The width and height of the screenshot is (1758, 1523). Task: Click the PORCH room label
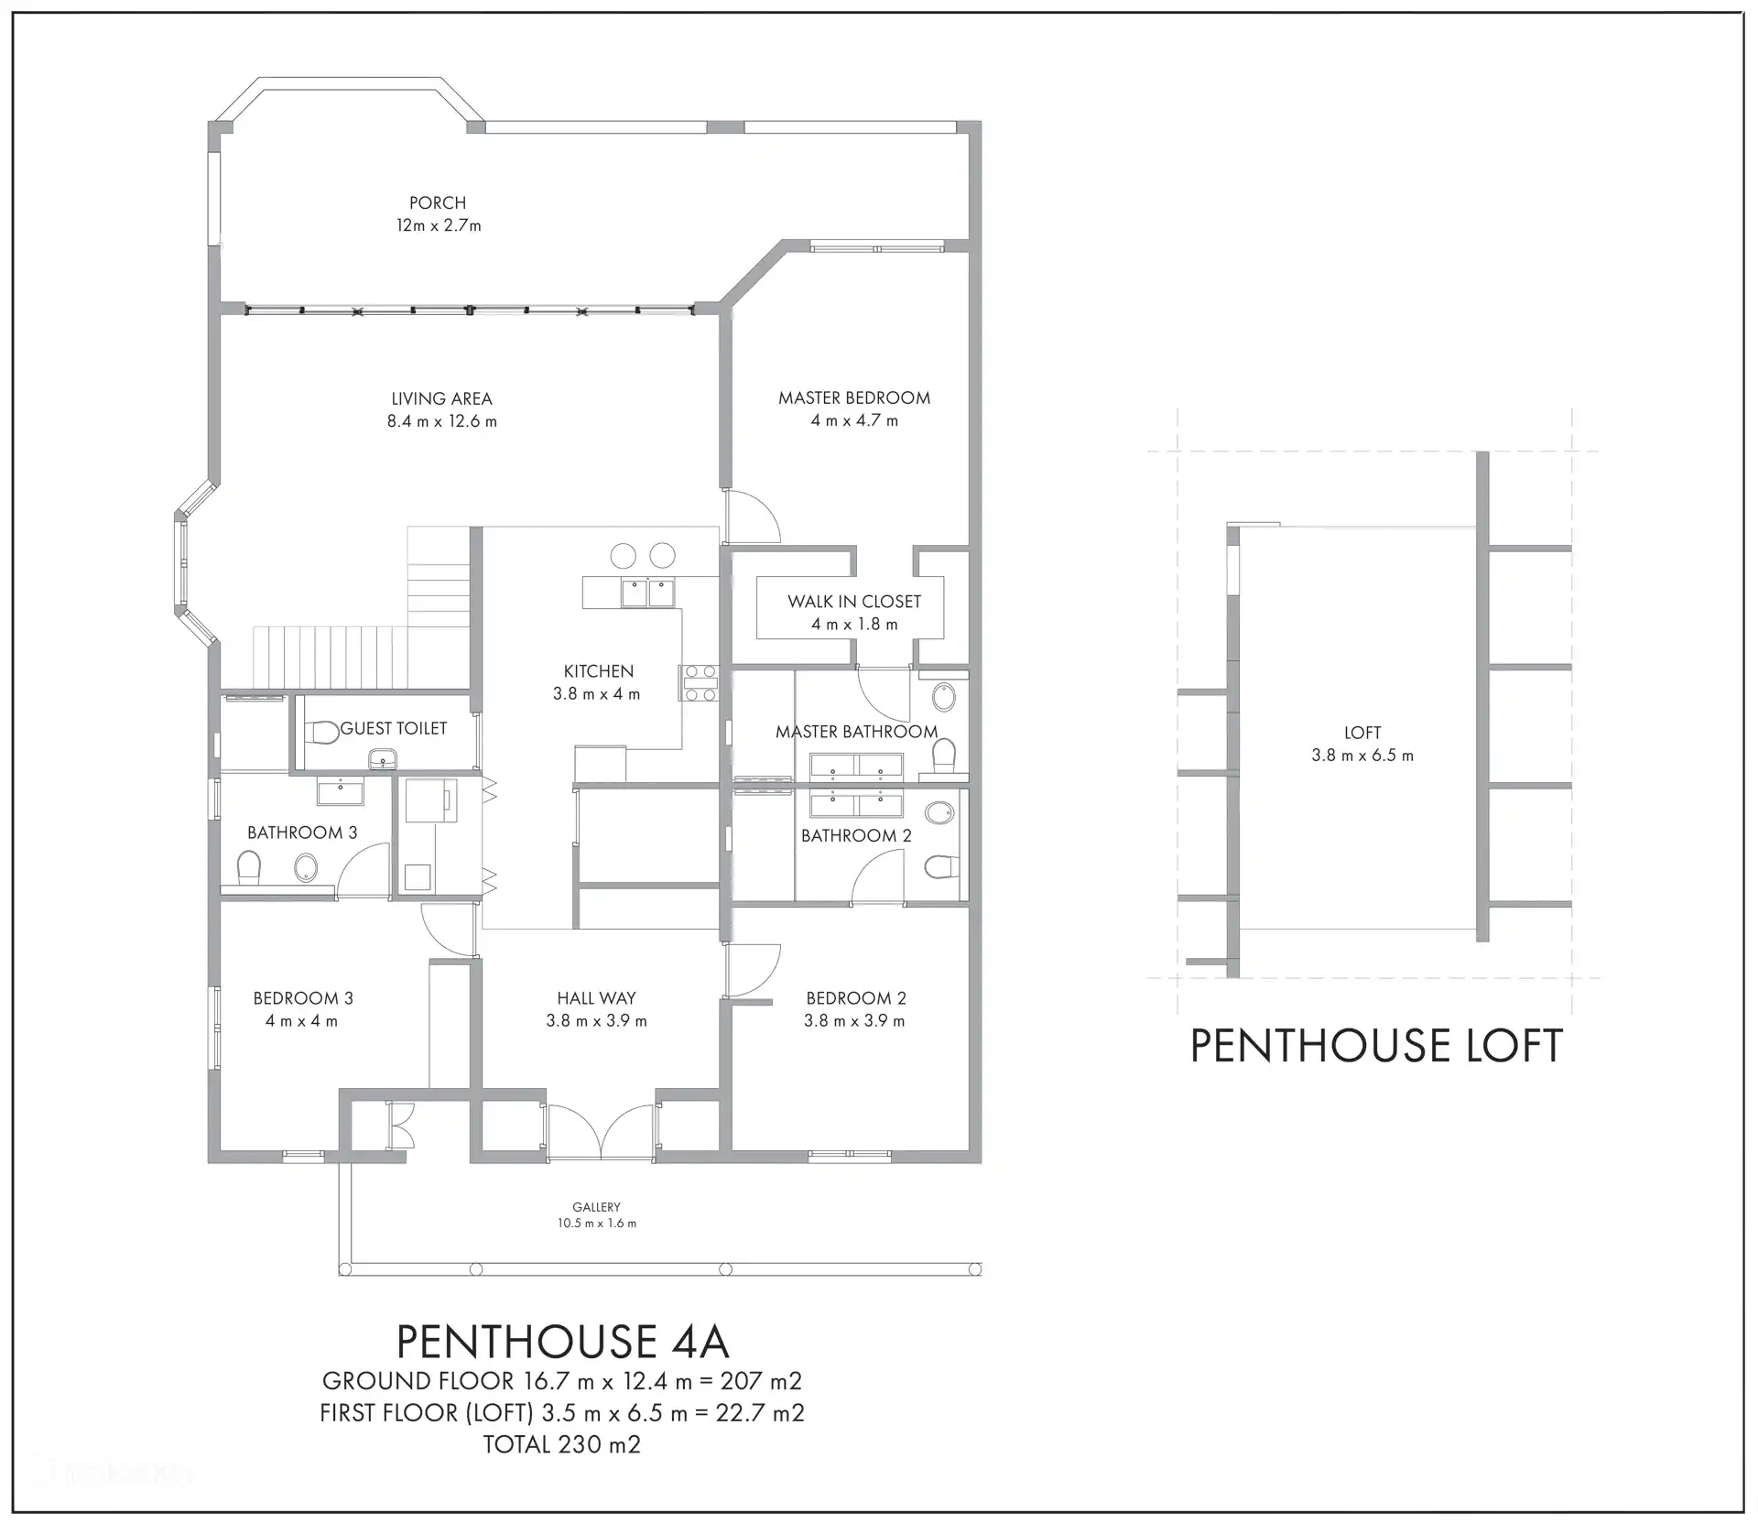(x=438, y=203)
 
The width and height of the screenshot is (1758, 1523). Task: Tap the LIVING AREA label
(x=441, y=398)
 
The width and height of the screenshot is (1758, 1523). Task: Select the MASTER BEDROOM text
(x=854, y=397)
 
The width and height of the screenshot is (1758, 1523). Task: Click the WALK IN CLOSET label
(x=854, y=602)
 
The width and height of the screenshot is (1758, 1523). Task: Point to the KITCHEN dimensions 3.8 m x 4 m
(x=597, y=694)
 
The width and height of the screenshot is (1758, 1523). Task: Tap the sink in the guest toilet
(x=384, y=759)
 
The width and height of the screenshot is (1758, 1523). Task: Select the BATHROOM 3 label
(x=302, y=832)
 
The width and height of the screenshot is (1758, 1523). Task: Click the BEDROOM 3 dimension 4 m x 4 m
(x=302, y=1021)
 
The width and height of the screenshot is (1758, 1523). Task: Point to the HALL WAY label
(x=596, y=998)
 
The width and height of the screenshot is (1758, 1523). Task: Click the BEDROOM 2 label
(x=856, y=998)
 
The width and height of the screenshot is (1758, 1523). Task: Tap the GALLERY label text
(x=597, y=1207)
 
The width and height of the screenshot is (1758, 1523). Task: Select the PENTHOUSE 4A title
(x=562, y=1341)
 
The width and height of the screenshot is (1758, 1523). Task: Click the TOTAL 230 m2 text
(x=562, y=1444)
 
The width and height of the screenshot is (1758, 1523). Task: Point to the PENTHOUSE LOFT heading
(x=1375, y=1046)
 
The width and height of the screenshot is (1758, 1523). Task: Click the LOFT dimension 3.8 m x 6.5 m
(x=1362, y=756)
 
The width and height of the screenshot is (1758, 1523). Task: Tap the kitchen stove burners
(x=698, y=683)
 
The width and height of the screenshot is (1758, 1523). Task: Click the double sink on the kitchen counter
(x=647, y=593)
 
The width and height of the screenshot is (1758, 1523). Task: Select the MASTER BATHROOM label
(x=857, y=732)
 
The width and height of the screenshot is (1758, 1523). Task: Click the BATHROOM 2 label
(x=856, y=835)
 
